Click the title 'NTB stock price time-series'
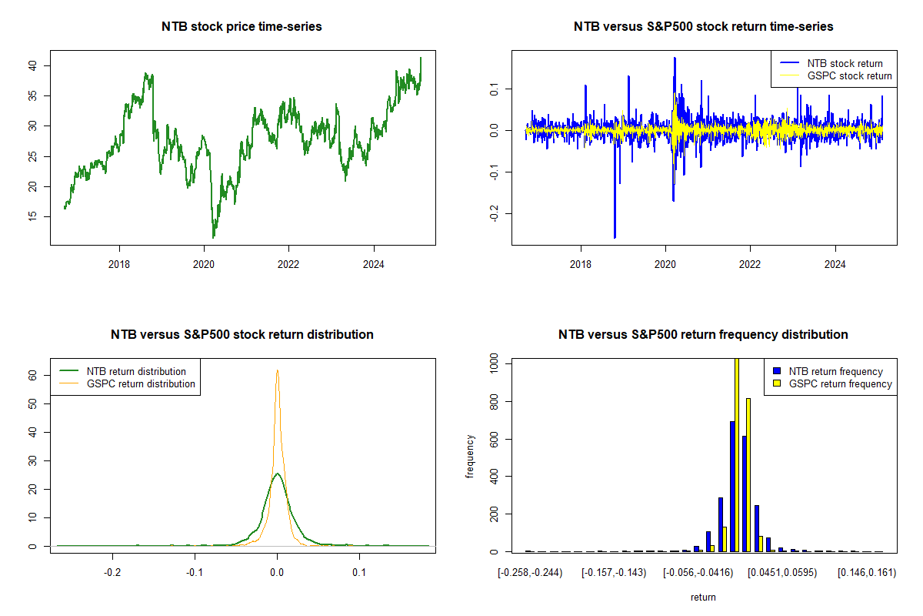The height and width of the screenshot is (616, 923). (242, 27)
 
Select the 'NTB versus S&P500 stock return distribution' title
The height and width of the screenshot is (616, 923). (242, 335)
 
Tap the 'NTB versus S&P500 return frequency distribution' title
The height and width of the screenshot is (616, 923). (703, 335)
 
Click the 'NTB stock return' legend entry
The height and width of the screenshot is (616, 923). (845, 63)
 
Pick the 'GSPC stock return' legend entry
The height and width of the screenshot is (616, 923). (849, 75)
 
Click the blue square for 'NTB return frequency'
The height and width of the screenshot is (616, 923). (778, 371)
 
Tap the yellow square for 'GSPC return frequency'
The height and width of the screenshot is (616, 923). (778, 383)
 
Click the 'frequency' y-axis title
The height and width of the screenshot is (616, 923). (470, 455)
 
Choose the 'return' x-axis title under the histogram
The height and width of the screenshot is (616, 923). (703, 597)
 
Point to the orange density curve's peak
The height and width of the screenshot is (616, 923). (277, 371)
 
